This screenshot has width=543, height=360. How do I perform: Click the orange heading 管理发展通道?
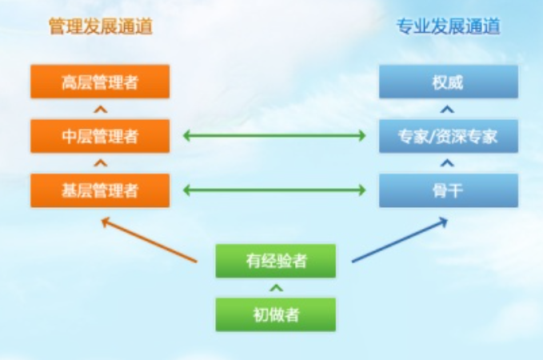pyautogui.click(x=100, y=27)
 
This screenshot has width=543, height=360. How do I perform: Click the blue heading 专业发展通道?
pyautogui.click(x=448, y=27)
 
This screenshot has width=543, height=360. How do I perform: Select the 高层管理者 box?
pyautogui.click(x=100, y=82)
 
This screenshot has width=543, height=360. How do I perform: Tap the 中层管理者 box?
pyautogui.click(x=100, y=136)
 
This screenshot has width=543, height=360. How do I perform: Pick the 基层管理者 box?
pyautogui.click(x=100, y=190)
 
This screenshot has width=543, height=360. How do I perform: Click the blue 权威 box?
pyautogui.click(x=448, y=82)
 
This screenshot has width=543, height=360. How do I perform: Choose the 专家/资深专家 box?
pyautogui.click(x=448, y=136)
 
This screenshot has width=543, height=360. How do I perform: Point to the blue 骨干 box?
pyautogui.click(x=448, y=190)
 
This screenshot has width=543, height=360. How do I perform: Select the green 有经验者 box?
pyautogui.click(x=275, y=261)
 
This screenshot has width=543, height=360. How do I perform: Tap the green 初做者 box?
pyautogui.click(x=275, y=314)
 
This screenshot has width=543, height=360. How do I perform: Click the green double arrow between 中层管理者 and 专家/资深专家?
pyautogui.click(x=274, y=136)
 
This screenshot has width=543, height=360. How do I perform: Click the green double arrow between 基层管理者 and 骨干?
pyautogui.click(x=274, y=190)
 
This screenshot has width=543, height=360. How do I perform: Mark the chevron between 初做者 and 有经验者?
pyautogui.click(x=275, y=287)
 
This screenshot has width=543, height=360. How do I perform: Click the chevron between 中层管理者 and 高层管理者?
pyautogui.click(x=100, y=109)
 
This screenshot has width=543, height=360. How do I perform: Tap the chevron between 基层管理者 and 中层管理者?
pyautogui.click(x=100, y=163)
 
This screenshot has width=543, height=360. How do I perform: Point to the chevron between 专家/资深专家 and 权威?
pyautogui.click(x=448, y=109)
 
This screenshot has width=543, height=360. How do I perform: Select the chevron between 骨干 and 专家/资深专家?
pyautogui.click(x=448, y=163)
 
